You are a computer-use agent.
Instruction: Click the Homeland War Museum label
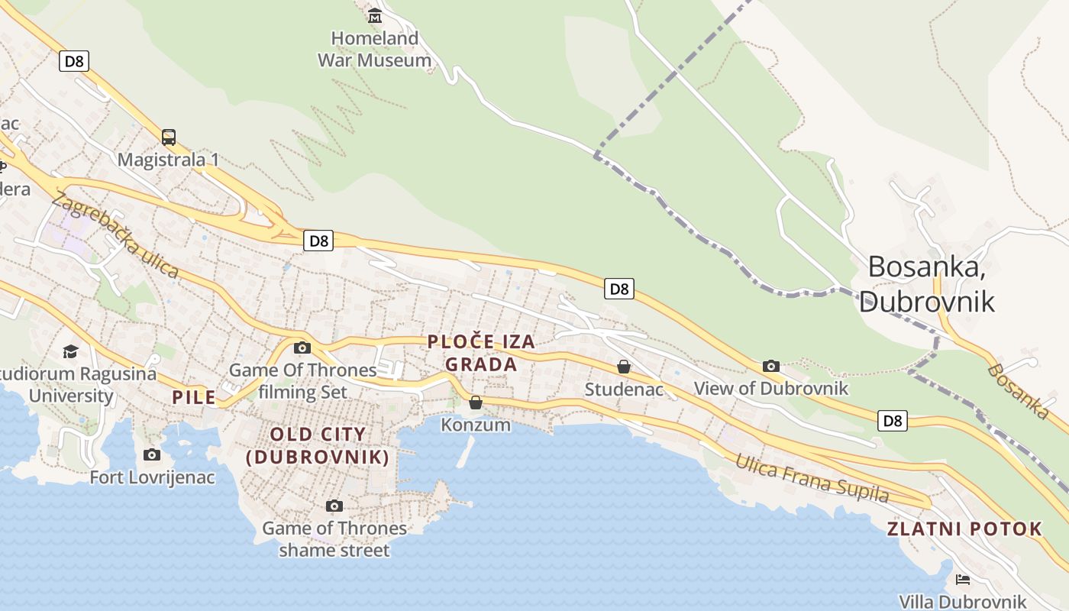click(374, 49)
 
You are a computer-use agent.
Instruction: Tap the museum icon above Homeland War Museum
click(375, 15)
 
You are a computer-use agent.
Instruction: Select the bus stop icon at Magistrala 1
click(169, 137)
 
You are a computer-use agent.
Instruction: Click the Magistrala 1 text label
click(168, 160)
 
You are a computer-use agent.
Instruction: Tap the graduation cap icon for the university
click(70, 351)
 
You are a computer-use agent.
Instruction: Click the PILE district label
click(194, 397)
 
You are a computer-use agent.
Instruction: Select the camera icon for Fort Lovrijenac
click(152, 455)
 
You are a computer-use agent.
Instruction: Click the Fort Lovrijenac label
click(152, 478)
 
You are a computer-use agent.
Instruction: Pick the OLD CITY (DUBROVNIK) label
click(318, 446)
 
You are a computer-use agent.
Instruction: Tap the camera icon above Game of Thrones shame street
click(334, 506)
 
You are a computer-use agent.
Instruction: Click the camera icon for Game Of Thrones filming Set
click(302, 348)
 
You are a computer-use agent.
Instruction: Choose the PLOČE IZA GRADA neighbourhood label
click(481, 353)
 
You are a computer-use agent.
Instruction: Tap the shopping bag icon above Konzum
click(476, 402)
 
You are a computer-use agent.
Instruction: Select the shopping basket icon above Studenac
click(624, 367)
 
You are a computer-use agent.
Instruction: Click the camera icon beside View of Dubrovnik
click(771, 367)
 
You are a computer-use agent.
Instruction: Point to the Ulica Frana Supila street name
click(812, 478)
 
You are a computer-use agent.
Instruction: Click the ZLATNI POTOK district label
click(964, 529)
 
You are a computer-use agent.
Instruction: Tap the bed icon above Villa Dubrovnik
click(962, 580)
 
